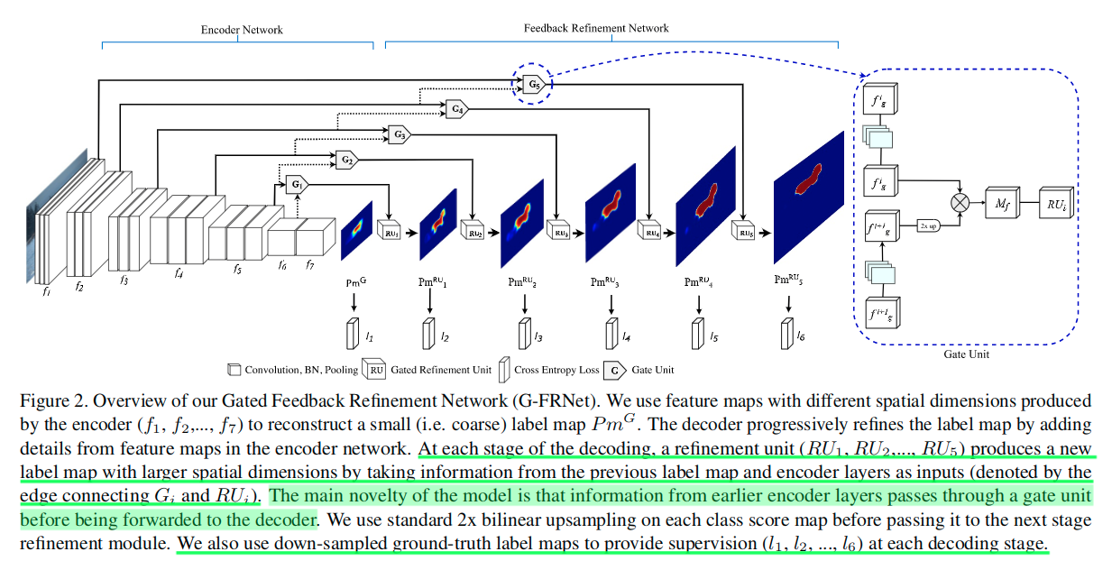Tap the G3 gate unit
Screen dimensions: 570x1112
[399, 134]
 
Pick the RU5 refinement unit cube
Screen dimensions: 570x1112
[744, 232]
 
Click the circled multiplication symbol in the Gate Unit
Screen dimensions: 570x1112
[960, 202]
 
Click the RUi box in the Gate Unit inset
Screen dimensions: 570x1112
[1055, 202]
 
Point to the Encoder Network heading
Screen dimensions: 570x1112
[241, 30]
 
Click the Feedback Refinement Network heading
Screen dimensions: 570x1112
[596, 28]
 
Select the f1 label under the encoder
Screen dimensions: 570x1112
[46, 291]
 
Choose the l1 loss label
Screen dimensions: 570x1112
[369, 336]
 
